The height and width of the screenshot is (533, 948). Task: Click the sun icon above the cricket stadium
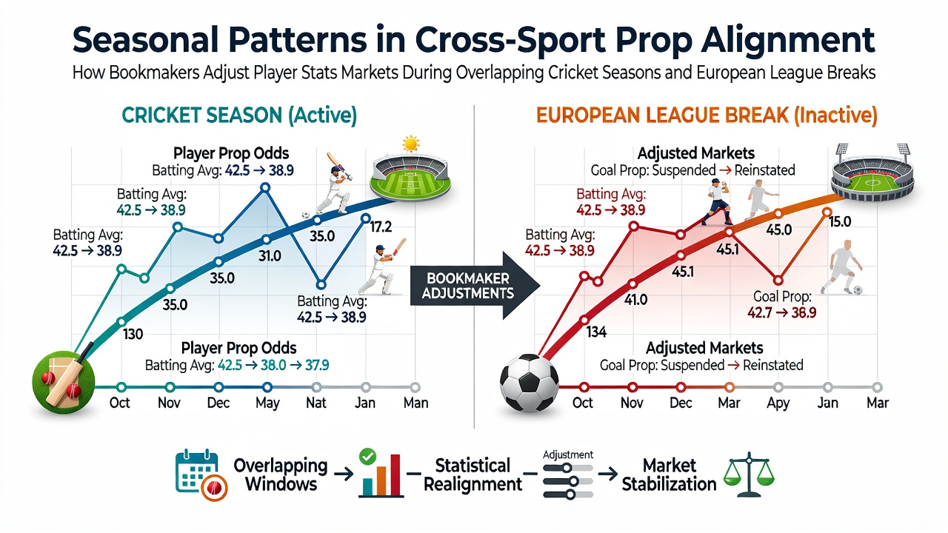(x=410, y=144)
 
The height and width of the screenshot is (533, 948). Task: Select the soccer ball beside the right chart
(x=529, y=383)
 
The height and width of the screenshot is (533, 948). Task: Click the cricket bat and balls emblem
(x=64, y=381)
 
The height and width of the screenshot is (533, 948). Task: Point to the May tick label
(x=267, y=403)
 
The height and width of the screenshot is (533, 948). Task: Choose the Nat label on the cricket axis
(x=316, y=403)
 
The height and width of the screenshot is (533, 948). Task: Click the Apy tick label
(x=778, y=403)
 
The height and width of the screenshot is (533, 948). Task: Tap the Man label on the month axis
(x=415, y=403)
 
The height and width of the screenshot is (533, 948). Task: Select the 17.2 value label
(x=381, y=227)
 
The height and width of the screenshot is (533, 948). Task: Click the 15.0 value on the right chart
(x=840, y=221)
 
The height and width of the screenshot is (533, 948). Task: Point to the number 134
(x=596, y=332)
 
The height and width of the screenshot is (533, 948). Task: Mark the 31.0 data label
(x=270, y=256)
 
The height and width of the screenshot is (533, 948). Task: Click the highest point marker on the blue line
(x=265, y=187)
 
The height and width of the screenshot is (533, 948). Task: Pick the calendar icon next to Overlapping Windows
(x=201, y=476)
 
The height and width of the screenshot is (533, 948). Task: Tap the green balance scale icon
(x=749, y=475)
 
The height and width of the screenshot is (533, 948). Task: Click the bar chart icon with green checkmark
(x=380, y=474)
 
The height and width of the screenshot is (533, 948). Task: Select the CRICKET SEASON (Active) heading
(x=239, y=115)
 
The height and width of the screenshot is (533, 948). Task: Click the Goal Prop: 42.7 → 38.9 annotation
(x=781, y=304)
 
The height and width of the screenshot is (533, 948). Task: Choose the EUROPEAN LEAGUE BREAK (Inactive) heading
(x=707, y=115)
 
